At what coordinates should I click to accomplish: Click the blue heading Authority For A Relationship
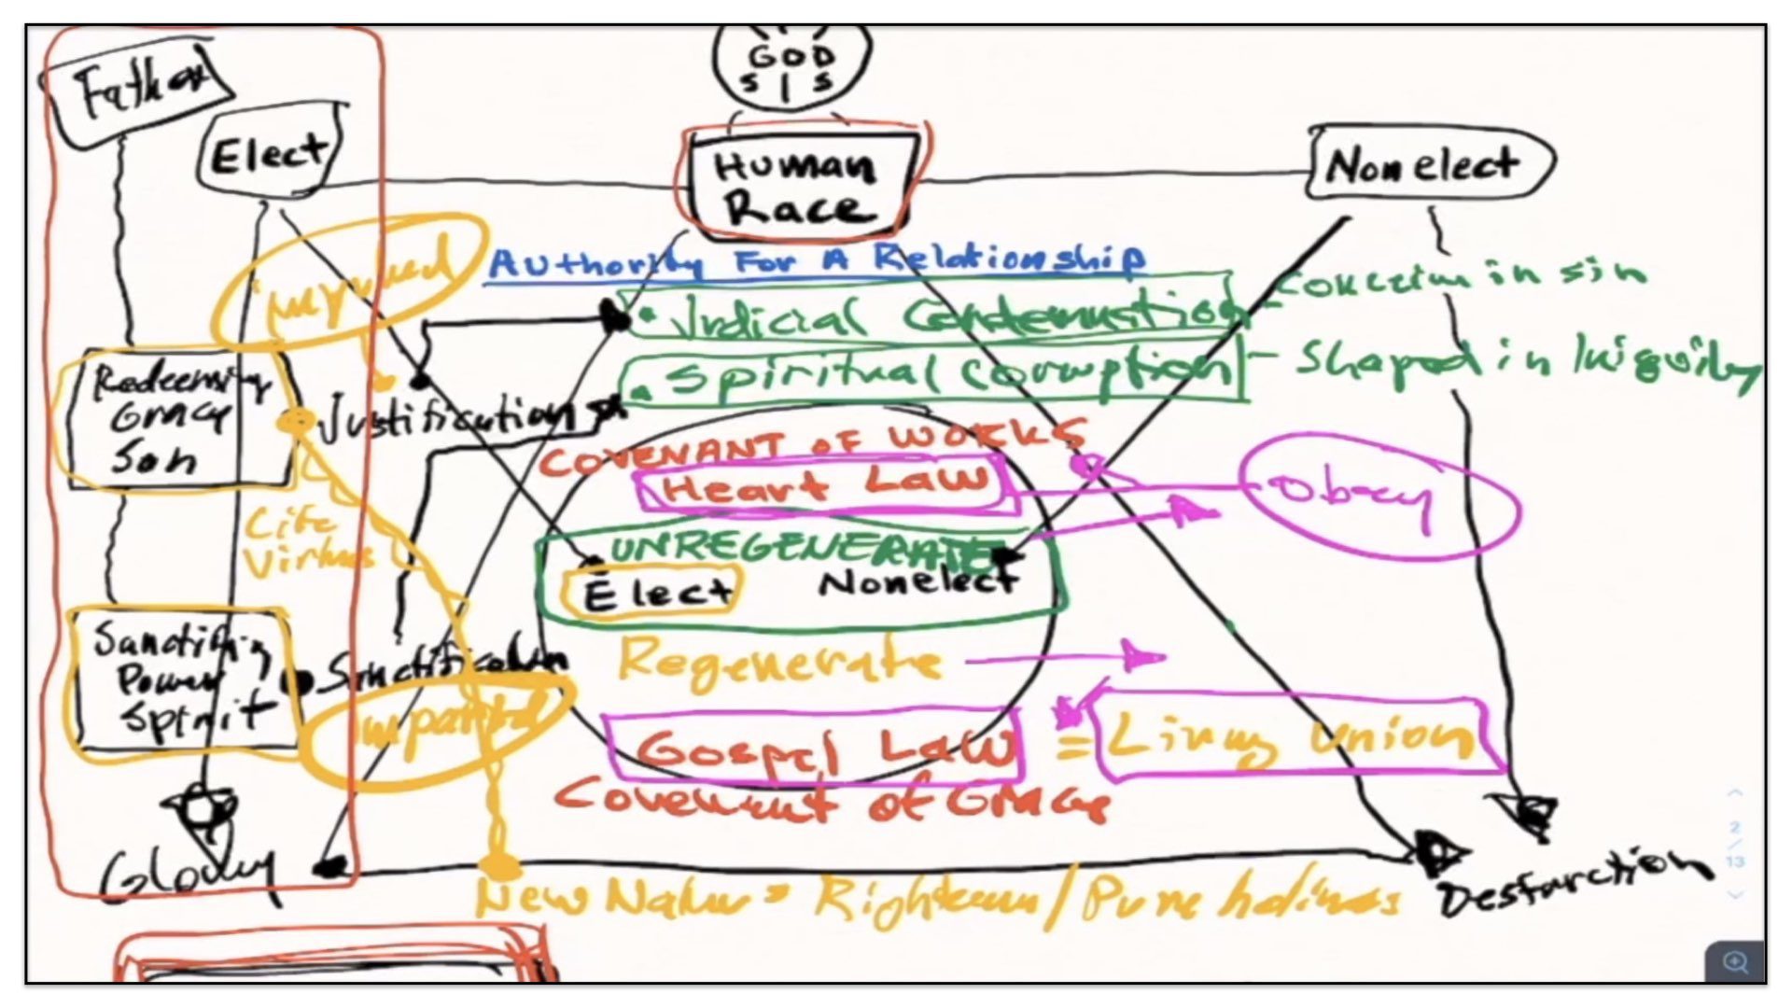click(816, 261)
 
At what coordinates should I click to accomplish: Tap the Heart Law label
click(825, 485)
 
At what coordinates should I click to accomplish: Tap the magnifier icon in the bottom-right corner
click(1734, 961)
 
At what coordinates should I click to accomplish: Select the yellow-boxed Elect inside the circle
click(653, 592)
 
